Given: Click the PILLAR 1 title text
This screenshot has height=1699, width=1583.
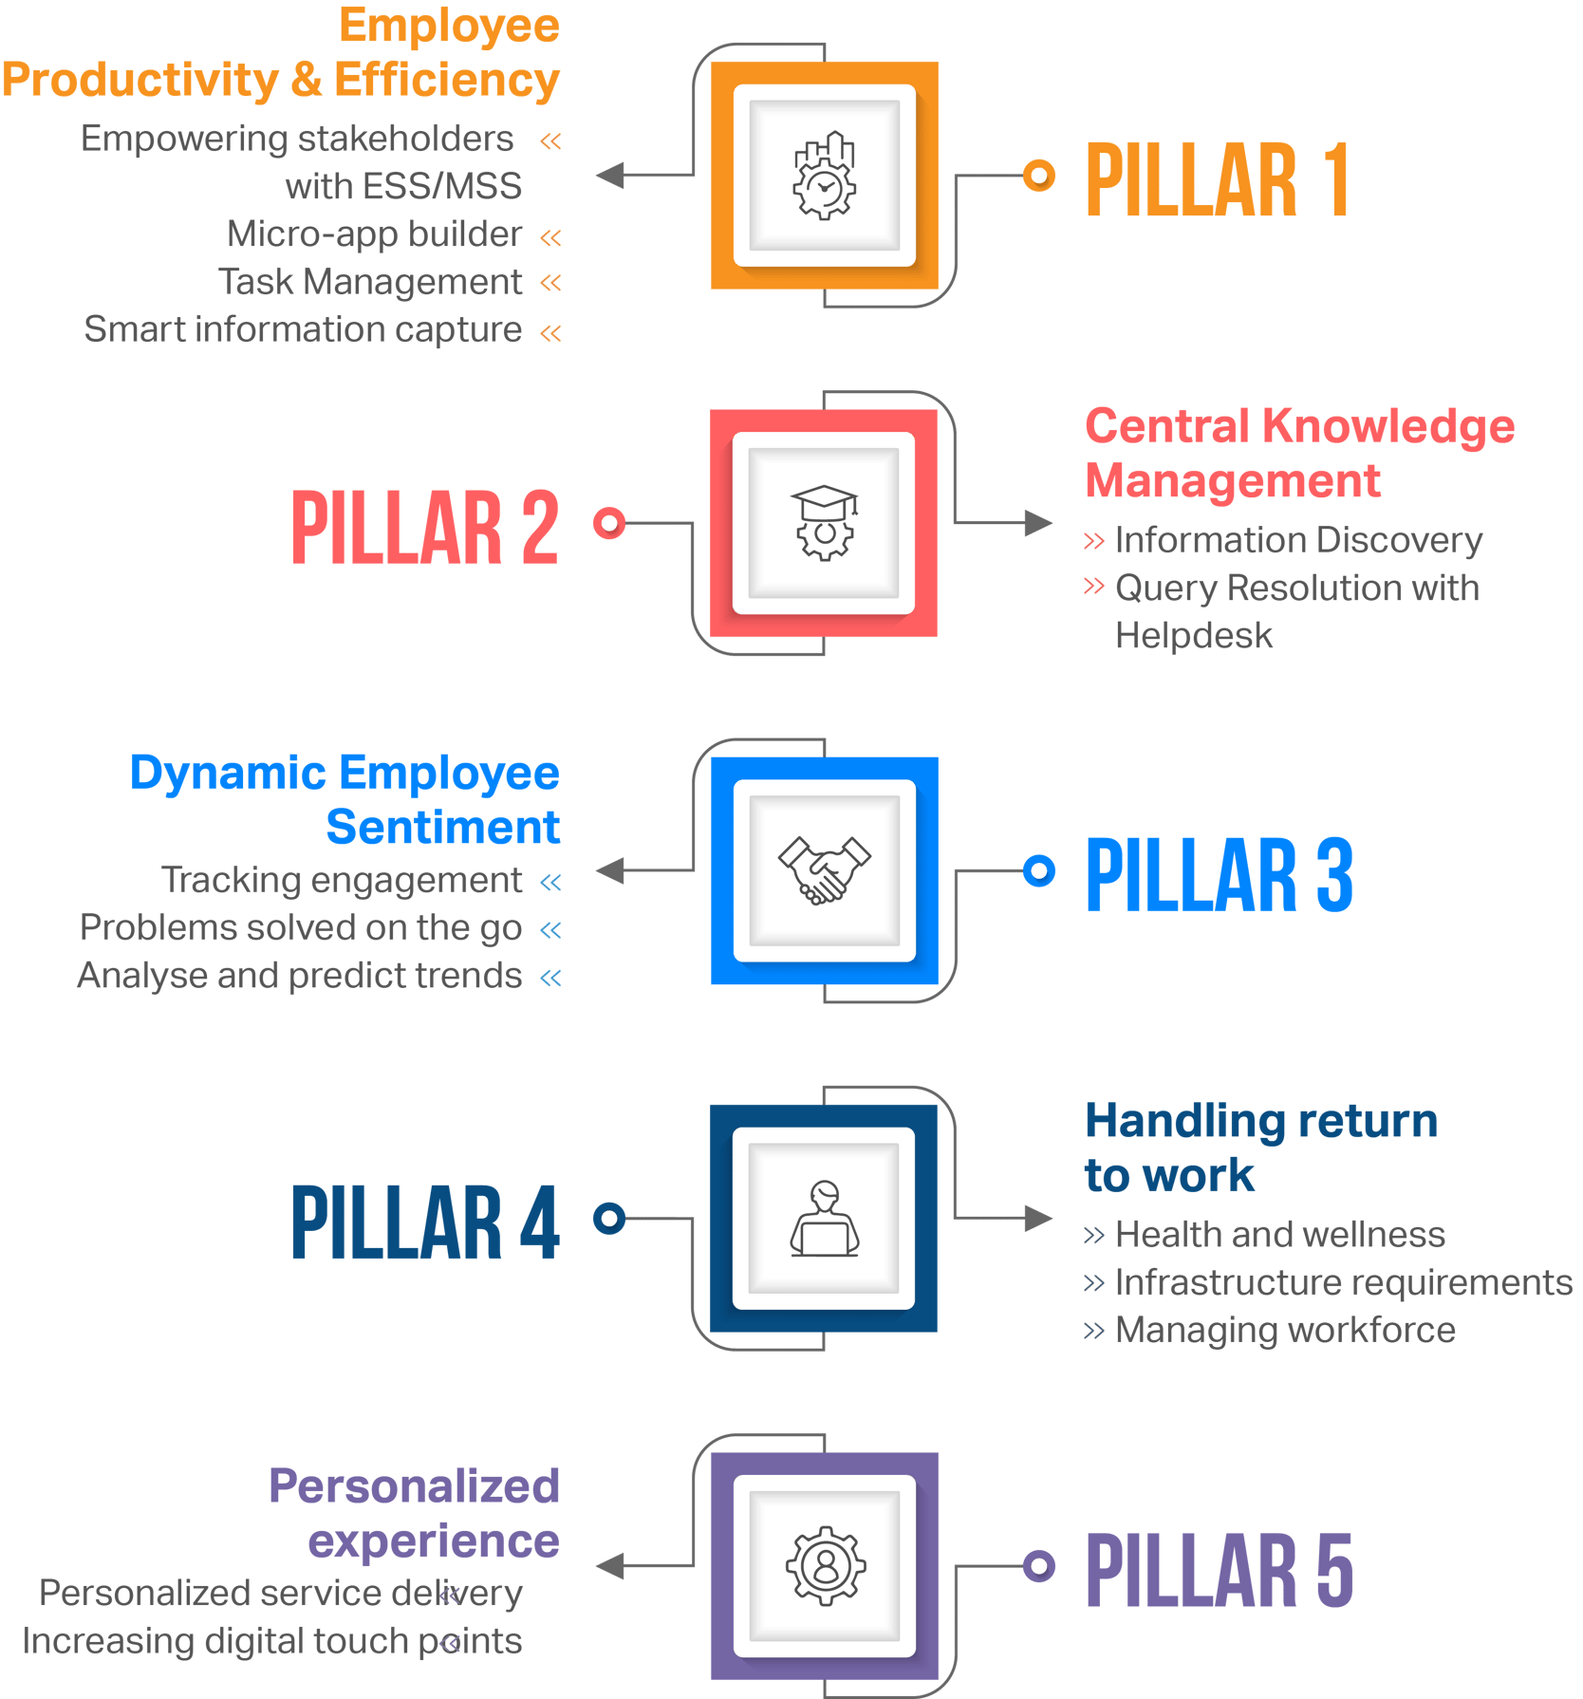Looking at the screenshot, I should pyautogui.click(x=1217, y=179).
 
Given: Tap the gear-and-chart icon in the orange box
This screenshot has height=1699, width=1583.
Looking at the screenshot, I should pyautogui.click(x=824, y=176).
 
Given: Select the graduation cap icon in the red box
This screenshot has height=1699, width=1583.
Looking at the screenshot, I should pyautogui.click(x=824, y=523).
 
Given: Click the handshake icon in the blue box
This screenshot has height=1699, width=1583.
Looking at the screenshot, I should pyautogui.click(x=824, y=870).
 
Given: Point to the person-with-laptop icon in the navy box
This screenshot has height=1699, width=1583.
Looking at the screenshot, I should pyautogui.click(x=824, y=1219).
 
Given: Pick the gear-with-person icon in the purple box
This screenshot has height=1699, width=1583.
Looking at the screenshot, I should pyautogui.click(x=824, y=1566).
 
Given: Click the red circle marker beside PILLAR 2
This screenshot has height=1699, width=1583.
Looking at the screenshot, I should pyautogui.click(x=609, y=523).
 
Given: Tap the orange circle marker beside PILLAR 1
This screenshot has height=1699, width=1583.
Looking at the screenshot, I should pyautogui.click(x=1039, y=176).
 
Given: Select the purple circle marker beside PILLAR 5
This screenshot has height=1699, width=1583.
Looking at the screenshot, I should pyautogui.click(x=1039, y=1566).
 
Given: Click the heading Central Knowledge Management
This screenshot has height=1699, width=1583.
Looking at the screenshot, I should pyautogui.click(x=1298, y=454).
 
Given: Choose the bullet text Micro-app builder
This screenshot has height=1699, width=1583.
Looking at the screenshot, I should pyautogui.click(x=374, y=234).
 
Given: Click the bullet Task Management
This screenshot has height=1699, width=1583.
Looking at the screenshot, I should pyautogui.click(x=370, y=282).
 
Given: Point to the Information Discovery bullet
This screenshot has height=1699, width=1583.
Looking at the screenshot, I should pyautogui.click(x=1298, y=540).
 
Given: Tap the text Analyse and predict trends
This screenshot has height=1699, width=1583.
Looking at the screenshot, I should pyautogui.click(x=300, y=976).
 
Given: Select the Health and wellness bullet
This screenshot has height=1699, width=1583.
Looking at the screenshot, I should pyautogui.click(x=1279, y=1235).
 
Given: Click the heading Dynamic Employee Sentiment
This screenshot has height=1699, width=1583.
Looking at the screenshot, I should pyautogui.click(x=345, y=800).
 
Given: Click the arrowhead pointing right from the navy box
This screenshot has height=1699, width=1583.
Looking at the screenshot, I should pyautogui.click(x=1038, y=1219).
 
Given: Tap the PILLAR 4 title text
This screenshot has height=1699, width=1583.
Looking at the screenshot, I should pyautogui.click(x=425, y=1222).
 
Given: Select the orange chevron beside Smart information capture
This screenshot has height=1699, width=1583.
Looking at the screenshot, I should pyautogui.click(x=550, y=333).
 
